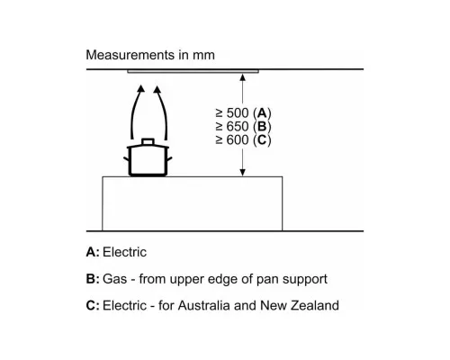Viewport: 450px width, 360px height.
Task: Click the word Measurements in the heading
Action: [x=130, y=55]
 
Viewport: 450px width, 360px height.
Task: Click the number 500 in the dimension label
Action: [x=238, y=113]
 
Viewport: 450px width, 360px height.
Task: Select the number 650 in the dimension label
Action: [x=238, y=126]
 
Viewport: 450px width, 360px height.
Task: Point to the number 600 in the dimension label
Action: [x=238, y=139]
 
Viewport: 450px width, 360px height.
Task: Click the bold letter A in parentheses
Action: [x=262, y=113]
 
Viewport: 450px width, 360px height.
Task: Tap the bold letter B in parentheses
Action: [x=262, y=126]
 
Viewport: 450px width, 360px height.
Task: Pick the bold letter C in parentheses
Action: [x=262, y=139]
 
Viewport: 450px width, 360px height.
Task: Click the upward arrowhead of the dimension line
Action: [x=243, y=77]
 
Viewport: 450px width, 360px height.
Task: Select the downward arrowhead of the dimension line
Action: [x=243, y=173]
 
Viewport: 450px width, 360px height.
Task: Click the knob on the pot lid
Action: [x=148, y=141]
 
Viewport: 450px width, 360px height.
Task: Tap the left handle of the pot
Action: [x=126, y=159]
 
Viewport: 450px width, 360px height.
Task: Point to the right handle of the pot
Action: [x=169, y=159]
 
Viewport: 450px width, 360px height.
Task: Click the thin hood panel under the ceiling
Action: [x=193, y=71]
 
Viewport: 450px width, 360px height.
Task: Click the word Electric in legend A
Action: [x=124, y=252]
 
